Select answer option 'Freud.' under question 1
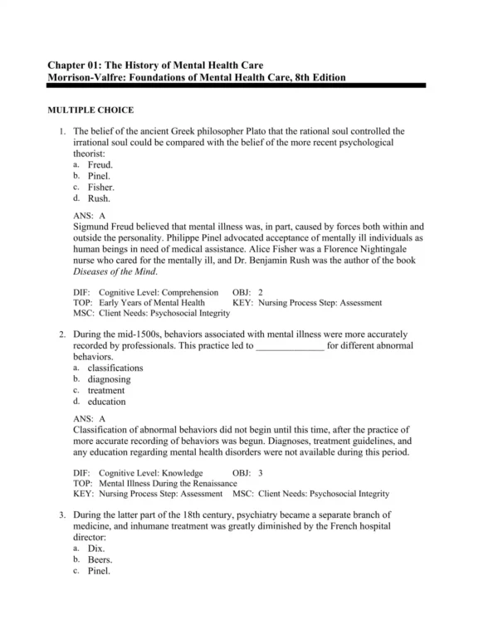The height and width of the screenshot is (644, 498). tap(100, 165)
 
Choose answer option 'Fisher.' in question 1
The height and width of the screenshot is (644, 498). tap(101, 188)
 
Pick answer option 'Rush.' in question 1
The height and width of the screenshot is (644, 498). tap(99, 199)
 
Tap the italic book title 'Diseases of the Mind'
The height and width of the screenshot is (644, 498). tap(112, 271)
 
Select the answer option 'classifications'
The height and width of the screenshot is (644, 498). tap(115, 368)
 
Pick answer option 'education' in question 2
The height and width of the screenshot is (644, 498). tap(107, 402)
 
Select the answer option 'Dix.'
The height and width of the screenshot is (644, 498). tap(97, 549)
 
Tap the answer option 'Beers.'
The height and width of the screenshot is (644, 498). tap(100, 560)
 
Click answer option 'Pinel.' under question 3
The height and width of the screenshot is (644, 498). tap(100, 571)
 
